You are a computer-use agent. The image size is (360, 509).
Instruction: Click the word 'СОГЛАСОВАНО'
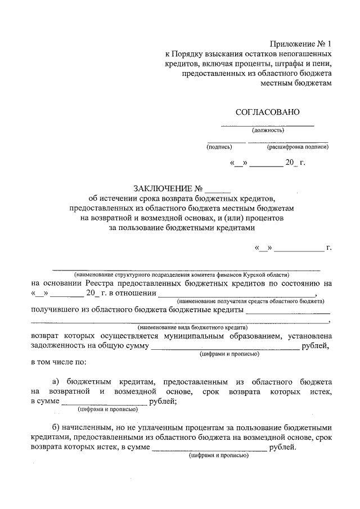(x=268, y=112)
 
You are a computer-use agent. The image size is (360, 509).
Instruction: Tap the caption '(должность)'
(x=268, y=130)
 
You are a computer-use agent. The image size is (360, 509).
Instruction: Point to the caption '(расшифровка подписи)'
(x=298, y=147)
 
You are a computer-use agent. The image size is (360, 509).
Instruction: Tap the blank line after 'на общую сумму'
(x=224, y=348)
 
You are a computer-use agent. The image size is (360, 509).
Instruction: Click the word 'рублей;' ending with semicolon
(x=164, y=401)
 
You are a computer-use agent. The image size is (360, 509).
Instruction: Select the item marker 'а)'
(x=56, y=381)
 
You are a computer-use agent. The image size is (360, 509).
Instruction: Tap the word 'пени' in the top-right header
(x=323, y=64)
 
